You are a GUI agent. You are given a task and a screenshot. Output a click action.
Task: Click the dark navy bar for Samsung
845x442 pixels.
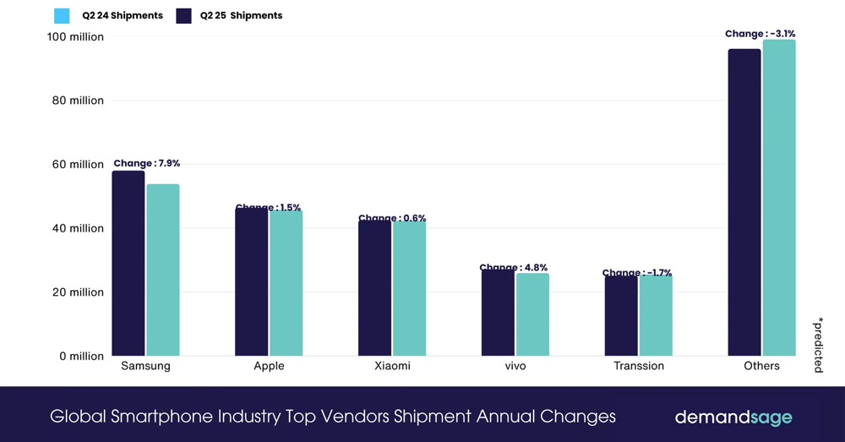[128, 263]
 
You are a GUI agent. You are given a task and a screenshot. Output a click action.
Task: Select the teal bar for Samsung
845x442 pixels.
[163, 270]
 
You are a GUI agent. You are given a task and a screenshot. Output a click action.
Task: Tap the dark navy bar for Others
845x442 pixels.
[744, 202]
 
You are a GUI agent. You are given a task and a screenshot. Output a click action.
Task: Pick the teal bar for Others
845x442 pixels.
[779, 198]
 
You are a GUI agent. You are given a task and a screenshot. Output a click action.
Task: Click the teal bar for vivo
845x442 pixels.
[532, 314]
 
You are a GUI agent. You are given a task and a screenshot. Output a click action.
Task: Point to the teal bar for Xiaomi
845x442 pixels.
[409, 288]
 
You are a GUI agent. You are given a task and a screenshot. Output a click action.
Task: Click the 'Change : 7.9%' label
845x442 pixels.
[146, 163]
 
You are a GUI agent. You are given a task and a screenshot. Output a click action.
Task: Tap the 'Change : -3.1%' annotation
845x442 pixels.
[760, 34]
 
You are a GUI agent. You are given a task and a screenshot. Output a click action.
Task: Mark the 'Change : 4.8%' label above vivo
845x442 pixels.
[513, 268]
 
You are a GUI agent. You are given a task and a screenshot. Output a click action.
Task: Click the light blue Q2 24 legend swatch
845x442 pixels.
[62, 15]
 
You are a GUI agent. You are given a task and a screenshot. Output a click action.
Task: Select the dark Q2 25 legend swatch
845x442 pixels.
[184, 15]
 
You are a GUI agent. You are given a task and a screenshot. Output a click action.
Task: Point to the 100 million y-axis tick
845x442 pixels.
[75, 37]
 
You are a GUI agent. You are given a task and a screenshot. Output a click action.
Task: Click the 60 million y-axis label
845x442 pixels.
[75, 165]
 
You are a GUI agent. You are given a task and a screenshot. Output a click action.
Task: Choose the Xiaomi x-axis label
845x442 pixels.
[392, 366]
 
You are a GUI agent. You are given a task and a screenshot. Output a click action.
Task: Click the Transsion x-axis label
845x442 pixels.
[638, 366]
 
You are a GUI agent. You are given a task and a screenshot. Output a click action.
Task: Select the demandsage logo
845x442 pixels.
[733, 417]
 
